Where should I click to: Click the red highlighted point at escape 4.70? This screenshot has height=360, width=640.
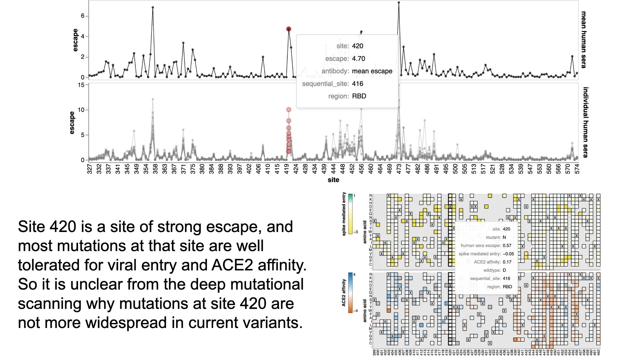(x=289, y=29)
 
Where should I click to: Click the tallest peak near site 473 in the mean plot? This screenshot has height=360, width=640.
(x=399, y=3)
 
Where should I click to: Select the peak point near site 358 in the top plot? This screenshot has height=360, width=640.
(x=153, y=7)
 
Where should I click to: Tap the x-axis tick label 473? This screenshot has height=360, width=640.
(x=399, y=169)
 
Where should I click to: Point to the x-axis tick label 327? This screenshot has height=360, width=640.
(x=89, y=169)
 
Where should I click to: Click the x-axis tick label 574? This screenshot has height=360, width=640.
(x=577, y=169)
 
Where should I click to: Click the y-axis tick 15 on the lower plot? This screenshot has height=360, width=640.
(x=81, y=85)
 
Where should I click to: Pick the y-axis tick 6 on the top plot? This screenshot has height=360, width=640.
(x=83, y=16)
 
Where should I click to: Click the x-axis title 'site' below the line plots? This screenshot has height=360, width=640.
(x=333, y=180)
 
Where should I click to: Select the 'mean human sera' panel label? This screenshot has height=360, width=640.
(x=583, y=40)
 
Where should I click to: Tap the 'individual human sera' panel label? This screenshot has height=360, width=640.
(x=585, y=122)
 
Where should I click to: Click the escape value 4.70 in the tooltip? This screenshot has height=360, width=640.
(x=358, y=59)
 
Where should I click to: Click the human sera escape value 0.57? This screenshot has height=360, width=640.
(x=507, y=246)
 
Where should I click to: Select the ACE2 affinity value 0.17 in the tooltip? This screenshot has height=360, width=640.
(x=507, y=262)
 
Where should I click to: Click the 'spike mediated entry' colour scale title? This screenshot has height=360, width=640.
(x=344, y=214)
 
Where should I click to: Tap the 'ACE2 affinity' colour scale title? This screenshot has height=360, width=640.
(x=344, y=293)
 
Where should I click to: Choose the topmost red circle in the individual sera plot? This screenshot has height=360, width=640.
(x=289, y=110)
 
